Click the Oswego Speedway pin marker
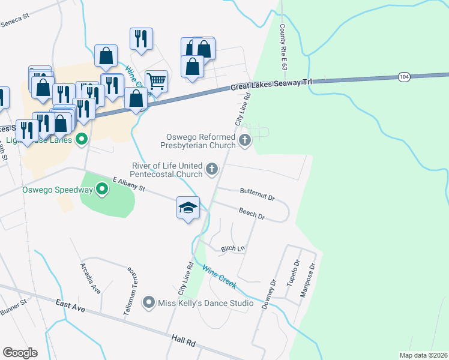pyautogui.click(x=102, y=190)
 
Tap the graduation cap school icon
pyautogui.click(x=188, y=208)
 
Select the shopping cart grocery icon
pyautogui.click(x=156, y=80)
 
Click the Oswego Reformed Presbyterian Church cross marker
pyautogui.click(x=244, y=140)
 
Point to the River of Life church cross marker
pyautogui.click(x=211, y=169)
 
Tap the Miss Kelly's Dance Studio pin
pyautogui.click(x=149, y=303)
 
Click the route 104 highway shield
pyautogui.click(x=403, y=77)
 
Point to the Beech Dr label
pyautogui.click(x=252, y=212)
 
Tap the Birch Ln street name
pyautogui.click(x=234, y=248)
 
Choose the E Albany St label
pyautogui.click(x=129, y=184)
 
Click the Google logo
pyautogui.click(x=20, y=353)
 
